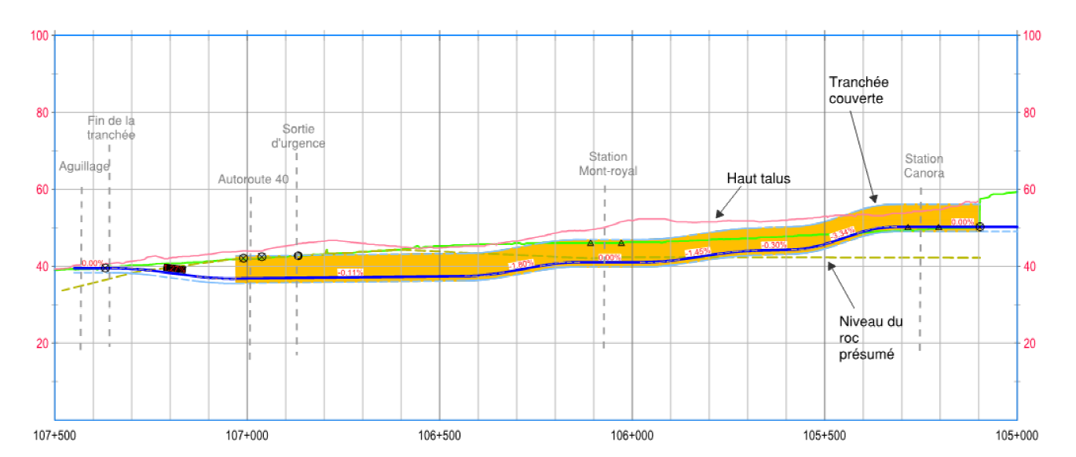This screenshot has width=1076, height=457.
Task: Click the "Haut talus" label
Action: pyautogui.click(x=758, y=179)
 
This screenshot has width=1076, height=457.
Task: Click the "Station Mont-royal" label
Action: pyautogui.click(x=607, y=163)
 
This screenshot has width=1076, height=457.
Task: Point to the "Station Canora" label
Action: pyautogui.click(x=924, y=166)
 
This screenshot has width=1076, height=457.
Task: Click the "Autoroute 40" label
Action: pyautogui.click(x=253, y=179)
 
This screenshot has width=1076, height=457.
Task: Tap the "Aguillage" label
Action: pyautogui.click(x=84, y=166)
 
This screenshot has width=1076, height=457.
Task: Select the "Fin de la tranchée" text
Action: pyautogui.click(x=111, y=128)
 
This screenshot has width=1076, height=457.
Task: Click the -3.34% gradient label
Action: pyautogui.click(x=842, y=233)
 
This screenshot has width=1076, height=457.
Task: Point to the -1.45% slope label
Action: pyautogui.click(x=697, y=252)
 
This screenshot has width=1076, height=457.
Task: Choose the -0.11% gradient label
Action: pyautogui.click(x=350, y=272)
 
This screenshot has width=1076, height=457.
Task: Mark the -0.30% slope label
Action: pyautogui.click(x=774, y=245)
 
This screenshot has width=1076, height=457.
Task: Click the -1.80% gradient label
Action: pyautogui.click(x=521, y=265)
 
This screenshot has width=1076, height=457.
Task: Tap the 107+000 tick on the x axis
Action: pyautogui.click(x=247, y=436)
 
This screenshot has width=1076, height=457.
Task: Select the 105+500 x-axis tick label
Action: pyautogui.click(x=825, y=436)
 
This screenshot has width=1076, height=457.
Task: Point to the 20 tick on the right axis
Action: pyautogui.click(x=1032, y=343)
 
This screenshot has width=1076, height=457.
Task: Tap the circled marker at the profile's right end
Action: pyautogui.click(x=979, y=227)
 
